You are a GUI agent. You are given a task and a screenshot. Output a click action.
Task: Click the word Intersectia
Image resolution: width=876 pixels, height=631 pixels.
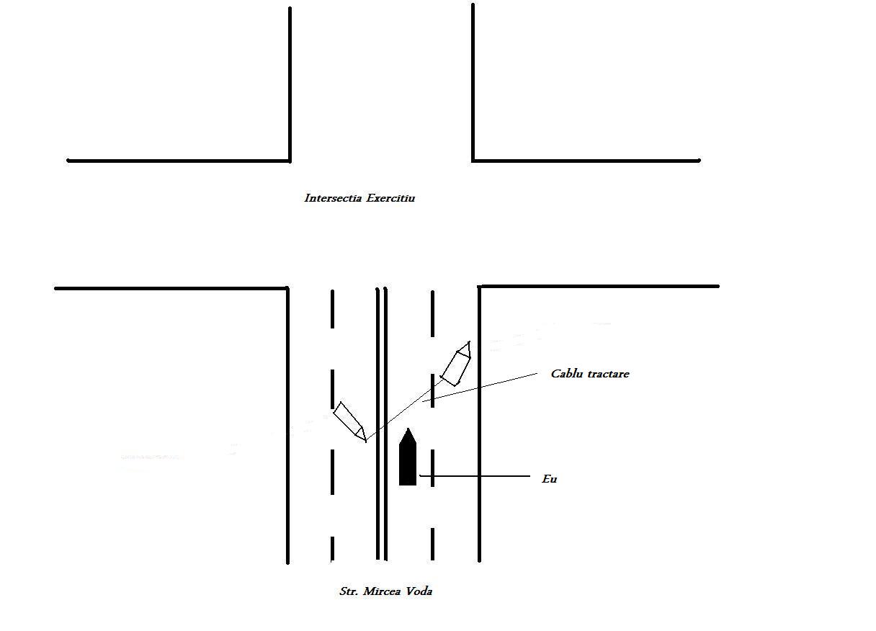(x=333, y=198)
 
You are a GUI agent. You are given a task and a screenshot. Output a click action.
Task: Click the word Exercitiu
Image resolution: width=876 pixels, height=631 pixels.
(x=390, y=198)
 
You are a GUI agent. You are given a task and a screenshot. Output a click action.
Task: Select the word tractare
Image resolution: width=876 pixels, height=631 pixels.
(x=609, y=374)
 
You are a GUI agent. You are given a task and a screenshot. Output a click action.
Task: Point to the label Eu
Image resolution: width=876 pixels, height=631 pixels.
(x=550, y=479)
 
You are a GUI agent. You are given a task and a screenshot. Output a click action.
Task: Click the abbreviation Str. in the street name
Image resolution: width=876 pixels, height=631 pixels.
(x=349, y=591)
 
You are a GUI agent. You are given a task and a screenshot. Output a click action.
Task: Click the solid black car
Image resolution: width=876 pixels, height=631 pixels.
(x=408, y=457)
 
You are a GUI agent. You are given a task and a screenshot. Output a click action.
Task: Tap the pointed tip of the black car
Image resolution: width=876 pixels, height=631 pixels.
(x=408, y=429)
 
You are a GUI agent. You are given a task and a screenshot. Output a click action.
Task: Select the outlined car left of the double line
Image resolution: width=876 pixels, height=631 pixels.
(x=349, y=422)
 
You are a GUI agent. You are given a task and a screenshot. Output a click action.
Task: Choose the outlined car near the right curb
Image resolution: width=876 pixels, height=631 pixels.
(x=456, y=364)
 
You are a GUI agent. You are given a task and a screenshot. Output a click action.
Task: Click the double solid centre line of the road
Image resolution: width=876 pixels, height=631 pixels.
(x=382, y=424)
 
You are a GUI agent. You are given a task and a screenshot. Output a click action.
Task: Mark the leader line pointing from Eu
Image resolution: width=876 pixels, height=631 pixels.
(x=475, y=476)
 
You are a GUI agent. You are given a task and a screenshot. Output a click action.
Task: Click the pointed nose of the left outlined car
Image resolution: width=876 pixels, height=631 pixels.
(x=366, y=441)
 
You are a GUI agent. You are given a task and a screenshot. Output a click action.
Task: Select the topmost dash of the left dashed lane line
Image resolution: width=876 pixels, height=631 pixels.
(x=332, y=309)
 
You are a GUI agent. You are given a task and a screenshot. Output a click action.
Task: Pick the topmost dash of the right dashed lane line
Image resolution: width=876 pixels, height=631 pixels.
(x=432, y=313)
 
